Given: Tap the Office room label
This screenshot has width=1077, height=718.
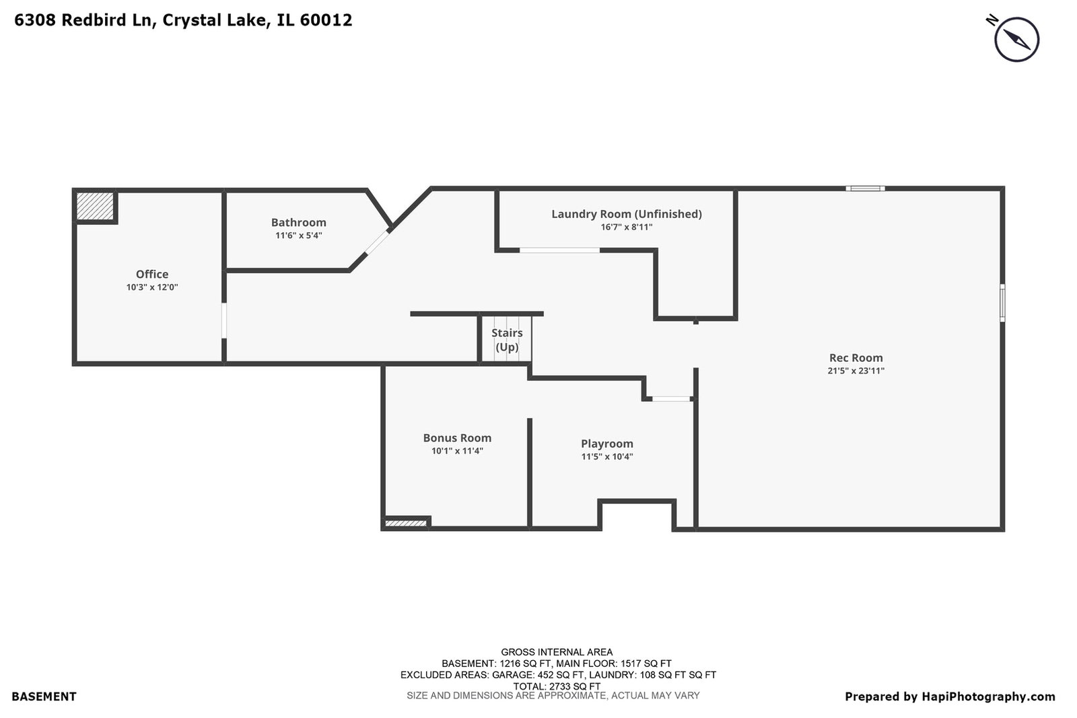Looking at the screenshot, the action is (x=152, y=274).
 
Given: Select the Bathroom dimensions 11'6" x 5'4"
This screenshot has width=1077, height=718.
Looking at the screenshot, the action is (x=299, y=236).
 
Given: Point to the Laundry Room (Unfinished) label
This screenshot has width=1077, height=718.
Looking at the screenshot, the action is (x=627, y=214).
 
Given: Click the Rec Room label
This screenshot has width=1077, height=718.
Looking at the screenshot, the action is (x=856, y=357).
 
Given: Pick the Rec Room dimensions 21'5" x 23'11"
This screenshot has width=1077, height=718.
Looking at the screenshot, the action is (x=856, y=371).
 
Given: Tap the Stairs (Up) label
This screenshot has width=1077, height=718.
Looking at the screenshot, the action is (x=507, y=340).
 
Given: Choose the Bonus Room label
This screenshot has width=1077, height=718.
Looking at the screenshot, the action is (x=457, y=438).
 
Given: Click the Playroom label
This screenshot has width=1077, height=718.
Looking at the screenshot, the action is (x=606, y=443).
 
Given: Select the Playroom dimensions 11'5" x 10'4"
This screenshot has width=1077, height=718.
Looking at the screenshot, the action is (x=606, y=456).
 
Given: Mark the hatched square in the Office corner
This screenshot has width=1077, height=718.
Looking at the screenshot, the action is (x=95, y=206).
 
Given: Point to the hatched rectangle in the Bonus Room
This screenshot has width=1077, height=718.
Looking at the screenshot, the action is (x=406, y=524).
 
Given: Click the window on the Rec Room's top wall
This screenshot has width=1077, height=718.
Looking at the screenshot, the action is (x=865, y=188).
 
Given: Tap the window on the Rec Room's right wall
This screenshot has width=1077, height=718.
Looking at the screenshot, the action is (x=1002, y=303).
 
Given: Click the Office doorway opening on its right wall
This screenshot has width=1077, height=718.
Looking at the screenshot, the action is (x=224, y=320).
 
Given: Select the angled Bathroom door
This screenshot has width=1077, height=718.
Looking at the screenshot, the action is (x=377, y=243).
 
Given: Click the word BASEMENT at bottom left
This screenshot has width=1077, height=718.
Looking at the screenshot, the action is (x=44, y=696).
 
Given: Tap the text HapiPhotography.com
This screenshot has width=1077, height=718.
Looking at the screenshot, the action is (x=988, y=697).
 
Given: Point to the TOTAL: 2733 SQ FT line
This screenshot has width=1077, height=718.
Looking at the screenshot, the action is (x=557, y=686).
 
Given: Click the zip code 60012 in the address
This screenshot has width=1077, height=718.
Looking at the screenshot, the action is (x=326, y=20).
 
